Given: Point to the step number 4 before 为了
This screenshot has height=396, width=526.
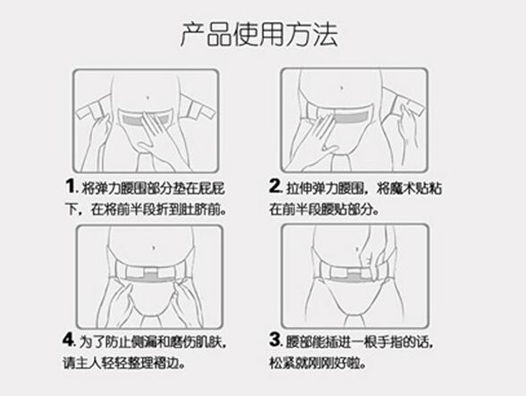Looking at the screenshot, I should [x=71, y=339].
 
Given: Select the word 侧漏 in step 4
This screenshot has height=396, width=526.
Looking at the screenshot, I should [x=146, y=340].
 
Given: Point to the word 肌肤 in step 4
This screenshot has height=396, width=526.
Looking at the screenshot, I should [x=209, y=340].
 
